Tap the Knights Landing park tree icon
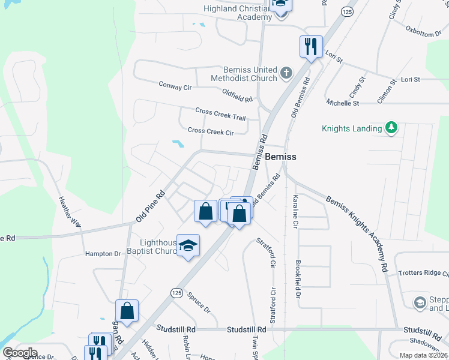[391, 128]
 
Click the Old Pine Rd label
[151, 207]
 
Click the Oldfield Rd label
[237, 94]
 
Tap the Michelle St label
[343, 103]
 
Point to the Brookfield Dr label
[298, 279]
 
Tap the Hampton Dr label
[103, 254]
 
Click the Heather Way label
[69, 212]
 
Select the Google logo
[20, 353]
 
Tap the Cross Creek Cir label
[211, 131]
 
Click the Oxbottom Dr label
[423, 31]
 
